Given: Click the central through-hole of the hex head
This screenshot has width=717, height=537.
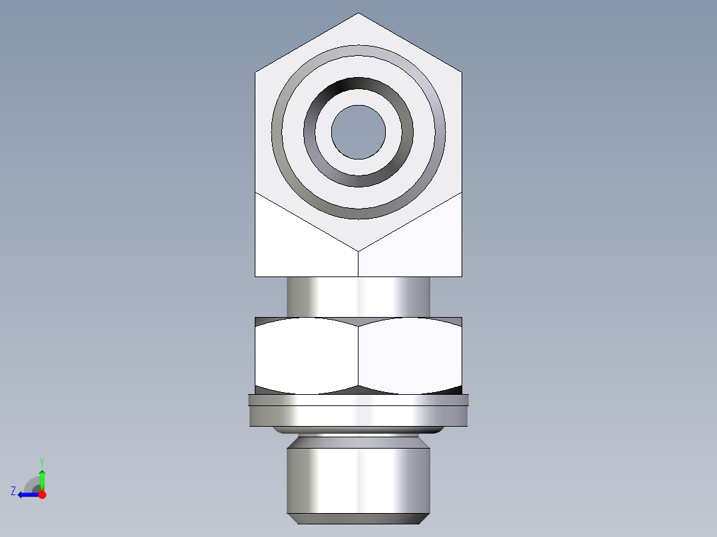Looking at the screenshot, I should (x=358, y=132).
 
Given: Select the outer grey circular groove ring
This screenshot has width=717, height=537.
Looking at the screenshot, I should (x=358, y=51).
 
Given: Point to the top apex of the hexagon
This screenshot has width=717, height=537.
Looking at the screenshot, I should (x=358, y=14).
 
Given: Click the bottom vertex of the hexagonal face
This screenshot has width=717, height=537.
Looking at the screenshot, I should (x=358, y=251).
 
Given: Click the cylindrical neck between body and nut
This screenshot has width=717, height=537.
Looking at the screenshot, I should (x=358, y=296).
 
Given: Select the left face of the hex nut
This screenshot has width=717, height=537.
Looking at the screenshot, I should (x=306, y=352).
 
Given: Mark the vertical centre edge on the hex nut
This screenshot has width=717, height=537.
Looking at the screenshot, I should (x=358, y=356).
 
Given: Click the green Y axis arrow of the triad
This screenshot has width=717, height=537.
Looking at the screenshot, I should (x=42, y=477).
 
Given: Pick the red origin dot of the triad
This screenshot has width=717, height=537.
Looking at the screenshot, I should (x=42, y=494).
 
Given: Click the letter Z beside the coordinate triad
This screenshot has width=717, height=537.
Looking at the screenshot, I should (x=13, y=491).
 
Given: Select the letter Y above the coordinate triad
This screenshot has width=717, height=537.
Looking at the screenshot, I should (x=41, y=461).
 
